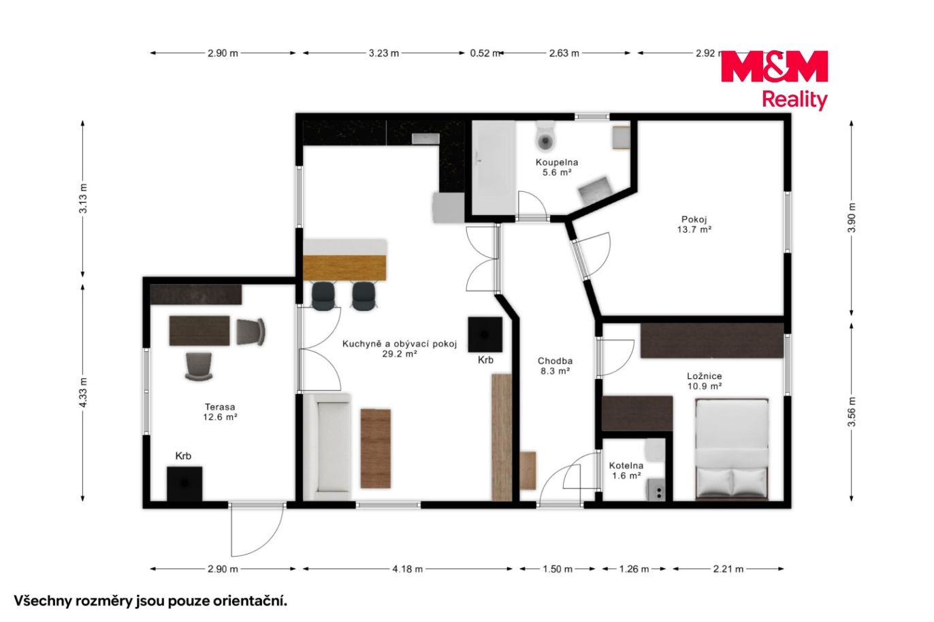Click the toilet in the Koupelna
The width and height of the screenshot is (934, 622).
(546, 136)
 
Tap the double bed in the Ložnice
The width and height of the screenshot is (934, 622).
(732, 449)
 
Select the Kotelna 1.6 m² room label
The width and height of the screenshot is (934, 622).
(626, 470)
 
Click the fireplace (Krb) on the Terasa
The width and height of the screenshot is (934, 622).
(184, 484)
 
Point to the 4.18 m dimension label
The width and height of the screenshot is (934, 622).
(407, 569)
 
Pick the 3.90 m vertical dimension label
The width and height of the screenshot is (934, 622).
(852, 218)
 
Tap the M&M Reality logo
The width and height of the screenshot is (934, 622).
(774, 80)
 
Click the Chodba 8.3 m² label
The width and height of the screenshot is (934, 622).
(555, 366)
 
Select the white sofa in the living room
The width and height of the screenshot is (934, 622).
(327, 446)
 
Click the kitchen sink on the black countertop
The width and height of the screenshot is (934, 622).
(425, 139)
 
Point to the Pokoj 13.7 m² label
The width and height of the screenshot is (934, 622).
(694, 225)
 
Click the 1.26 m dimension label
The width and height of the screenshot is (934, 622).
(634, 569)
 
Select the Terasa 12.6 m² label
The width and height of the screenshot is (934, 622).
(220, 412)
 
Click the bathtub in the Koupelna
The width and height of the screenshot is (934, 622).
(494, 167)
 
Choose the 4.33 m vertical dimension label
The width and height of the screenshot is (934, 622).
(83, 392)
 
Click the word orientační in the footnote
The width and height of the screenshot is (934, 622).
(250, 602)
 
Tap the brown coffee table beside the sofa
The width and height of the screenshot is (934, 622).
(376, 448)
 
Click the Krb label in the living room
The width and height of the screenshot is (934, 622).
(485, 360)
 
